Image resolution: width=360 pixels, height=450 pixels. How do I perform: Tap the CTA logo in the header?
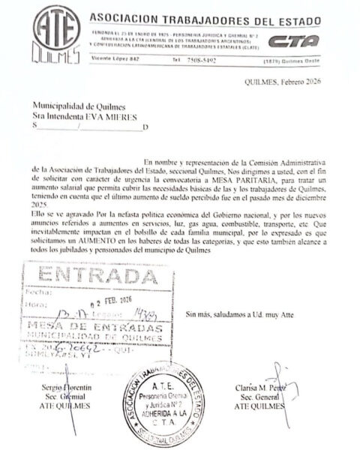point(293,41)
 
